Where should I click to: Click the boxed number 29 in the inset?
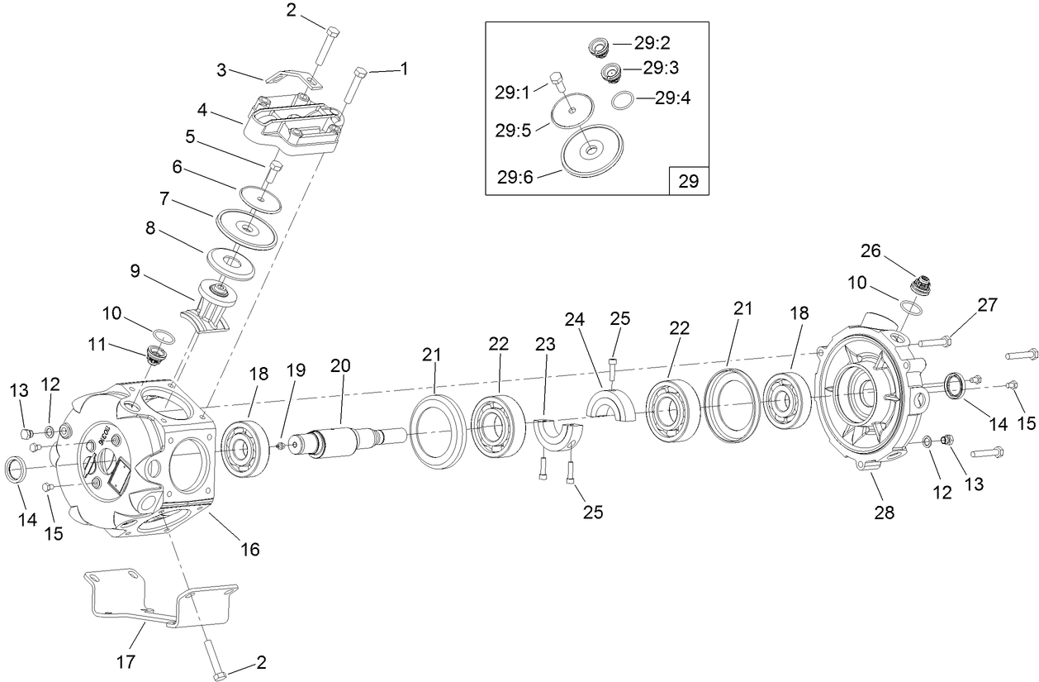(x=688, y=181)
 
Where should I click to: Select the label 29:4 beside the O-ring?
(x=672, y=98)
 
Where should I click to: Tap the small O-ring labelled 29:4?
(x=624, y=101)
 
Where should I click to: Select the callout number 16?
(x=249, y=548)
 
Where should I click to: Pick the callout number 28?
(x=883, y=513)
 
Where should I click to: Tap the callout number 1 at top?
(x=404, y=70)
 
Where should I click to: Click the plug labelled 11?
(x=154, y=355)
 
